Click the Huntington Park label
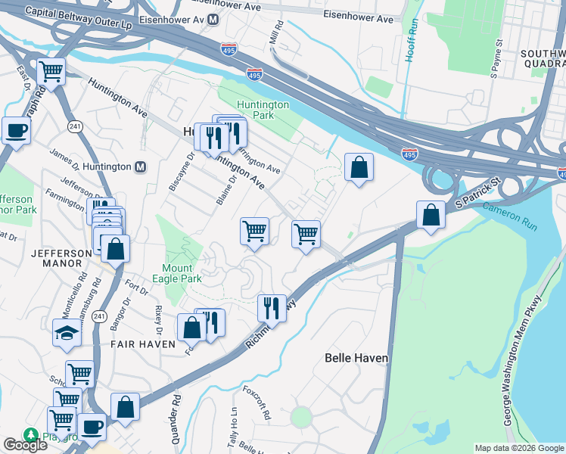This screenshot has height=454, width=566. (x=263, y=110)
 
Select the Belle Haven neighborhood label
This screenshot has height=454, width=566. (x=356, y=358)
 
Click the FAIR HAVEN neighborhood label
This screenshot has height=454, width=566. (x=144, y=344)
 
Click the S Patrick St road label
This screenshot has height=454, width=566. (x=478, y=194)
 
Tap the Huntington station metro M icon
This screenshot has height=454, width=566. (x=139, y=167)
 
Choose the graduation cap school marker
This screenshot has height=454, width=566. (x=67, y=331)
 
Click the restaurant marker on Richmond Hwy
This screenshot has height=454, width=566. (x=272, y=307)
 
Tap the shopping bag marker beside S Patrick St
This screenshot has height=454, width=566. (x=431, y=214)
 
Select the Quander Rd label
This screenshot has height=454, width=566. (x=176, y=413)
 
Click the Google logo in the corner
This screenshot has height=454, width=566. (x=25, y=445)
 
